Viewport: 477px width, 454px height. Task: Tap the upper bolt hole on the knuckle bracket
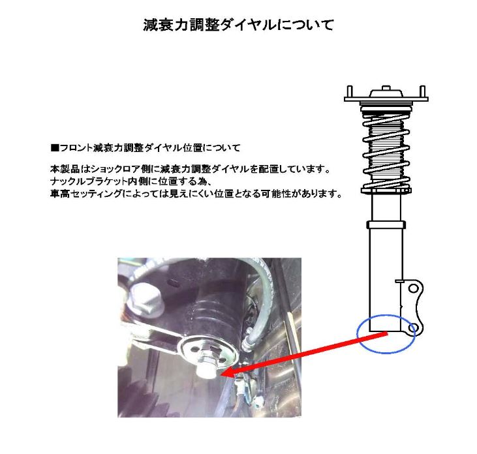click(x=411, y=288)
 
